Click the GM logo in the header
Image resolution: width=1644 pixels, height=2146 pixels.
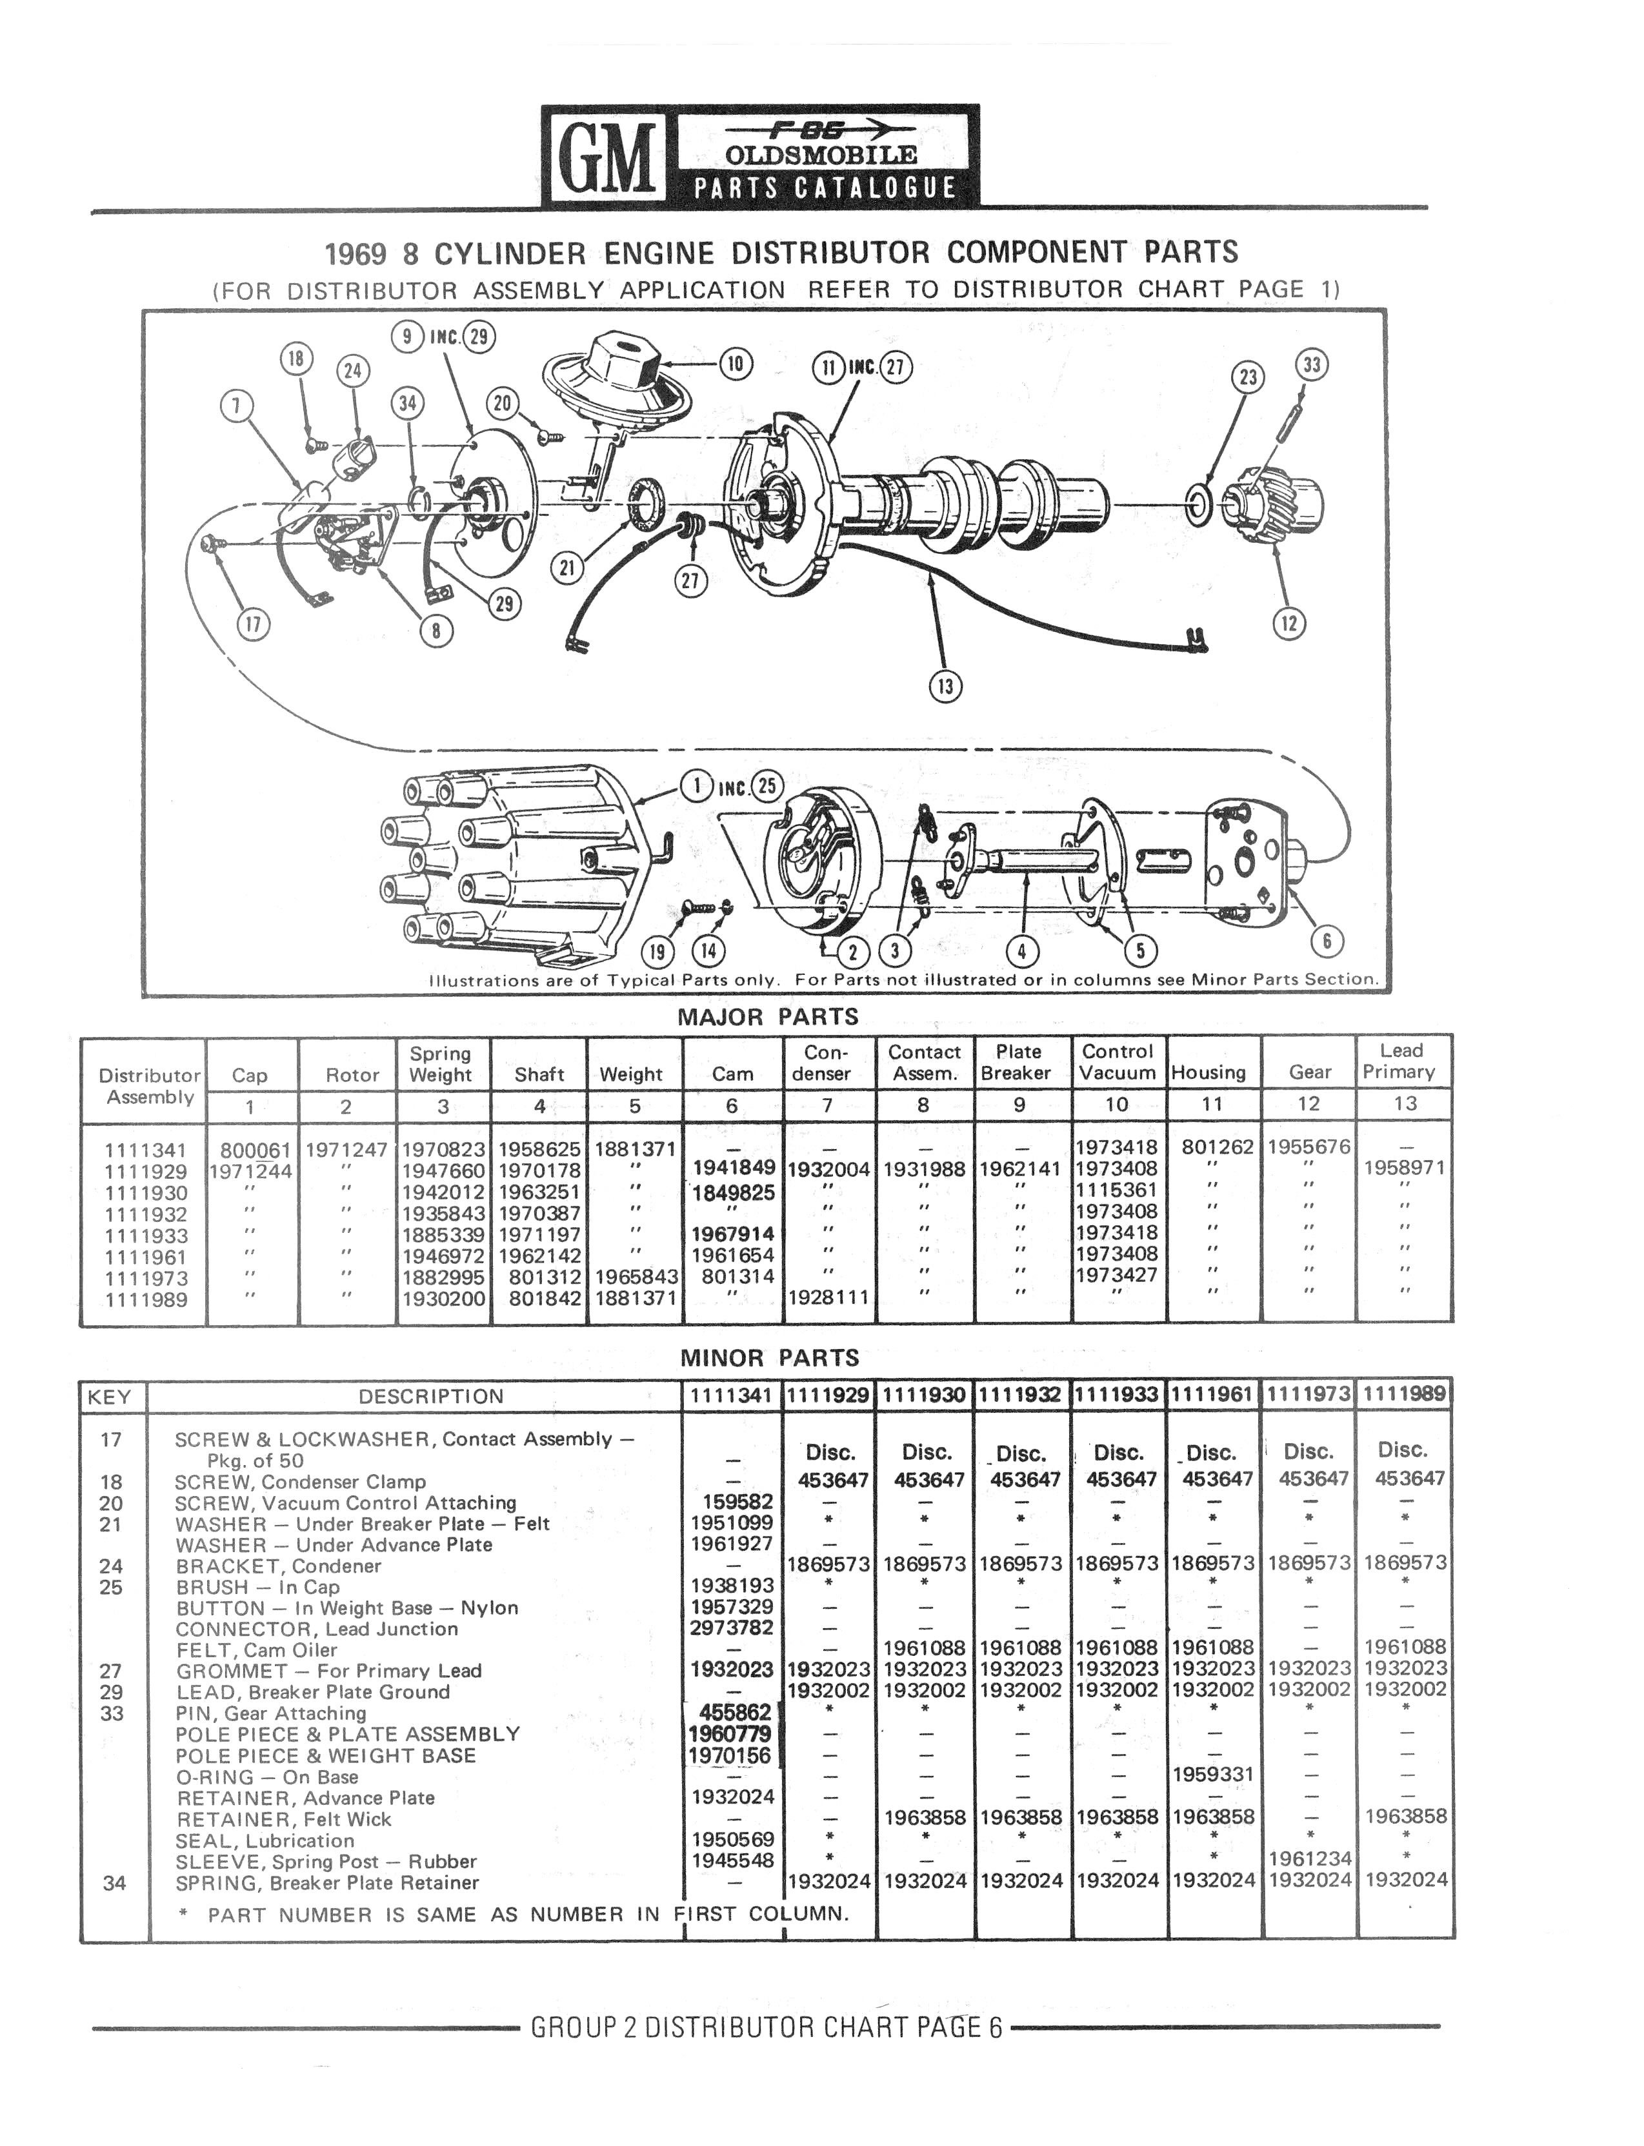pos(604,157)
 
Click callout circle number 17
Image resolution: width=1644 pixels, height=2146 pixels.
pos(254,624)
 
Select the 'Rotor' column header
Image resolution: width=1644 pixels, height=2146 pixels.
pos(352,1075)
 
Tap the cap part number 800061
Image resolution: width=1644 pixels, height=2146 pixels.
pos(256,1149)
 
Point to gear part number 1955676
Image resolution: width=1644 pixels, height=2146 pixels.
pos(1308,1147)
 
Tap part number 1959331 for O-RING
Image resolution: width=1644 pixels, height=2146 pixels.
pos(1212,1775)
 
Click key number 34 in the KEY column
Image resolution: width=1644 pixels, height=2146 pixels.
pos(114,1883)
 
